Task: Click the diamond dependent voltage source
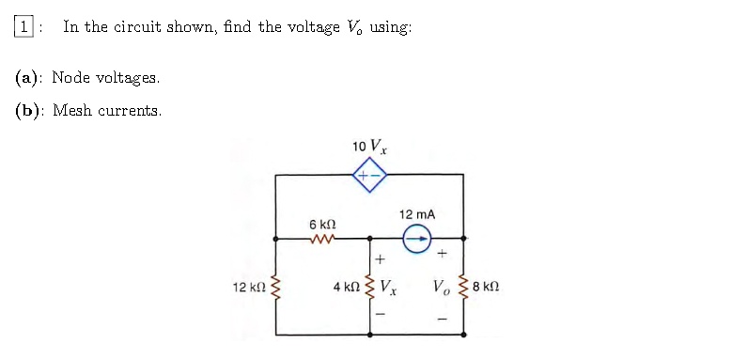pyautogui.click(x=369, y=175)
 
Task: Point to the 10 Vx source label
pyautogui.click(x=369, y=147)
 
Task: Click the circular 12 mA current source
pyautogui.click(x=417, y=240)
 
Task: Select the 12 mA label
pyautogui.click(x=417, y=215)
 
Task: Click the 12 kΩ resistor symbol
pyautogui.click(x=275, y=286)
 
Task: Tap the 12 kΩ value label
pyautogui.click(x=248, y=286)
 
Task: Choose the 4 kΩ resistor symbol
pyautogui.click(x=368, y=286)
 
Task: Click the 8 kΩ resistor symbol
pyautogui.click(x=462, y=286)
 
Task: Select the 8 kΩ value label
pyautogui.click(x=488, y=286)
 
